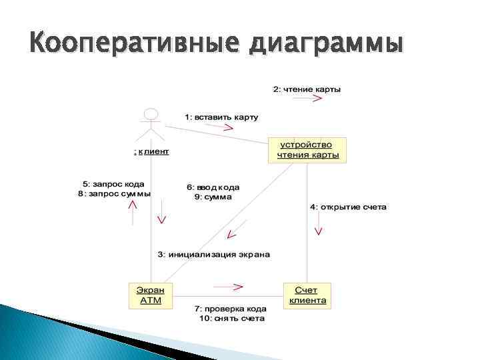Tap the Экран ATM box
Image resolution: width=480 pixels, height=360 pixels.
150,295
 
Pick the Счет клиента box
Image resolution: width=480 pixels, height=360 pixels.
307,295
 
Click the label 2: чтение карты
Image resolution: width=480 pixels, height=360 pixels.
307,89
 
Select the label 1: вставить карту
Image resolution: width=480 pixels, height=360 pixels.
221,117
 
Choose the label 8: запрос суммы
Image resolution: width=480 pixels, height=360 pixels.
115,193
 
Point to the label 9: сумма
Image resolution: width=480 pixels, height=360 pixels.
213,197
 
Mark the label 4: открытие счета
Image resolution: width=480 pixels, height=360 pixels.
348,207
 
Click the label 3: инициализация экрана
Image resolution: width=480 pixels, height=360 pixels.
213,254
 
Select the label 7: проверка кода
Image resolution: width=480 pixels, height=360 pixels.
230,309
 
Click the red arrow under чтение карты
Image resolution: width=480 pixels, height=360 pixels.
307,99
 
